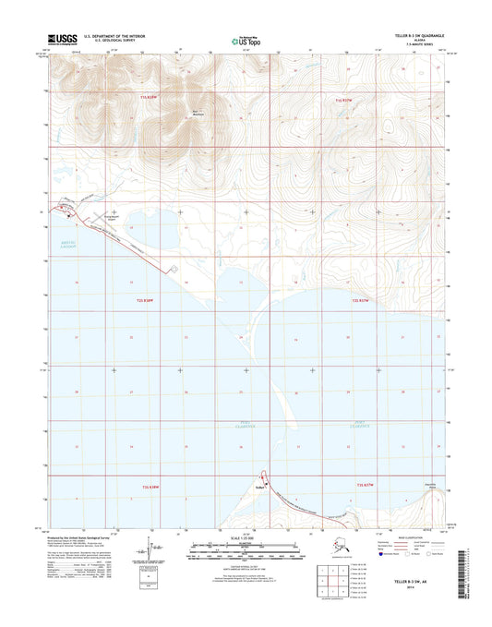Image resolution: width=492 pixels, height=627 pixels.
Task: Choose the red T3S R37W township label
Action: pos(365,485)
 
